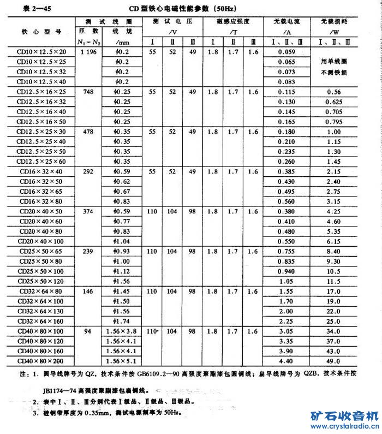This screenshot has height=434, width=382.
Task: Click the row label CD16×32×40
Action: [41, 171]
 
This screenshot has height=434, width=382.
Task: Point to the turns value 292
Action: [88, 171]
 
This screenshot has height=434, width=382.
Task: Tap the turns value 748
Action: [88, 92]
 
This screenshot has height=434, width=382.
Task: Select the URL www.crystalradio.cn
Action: [344, 426]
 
